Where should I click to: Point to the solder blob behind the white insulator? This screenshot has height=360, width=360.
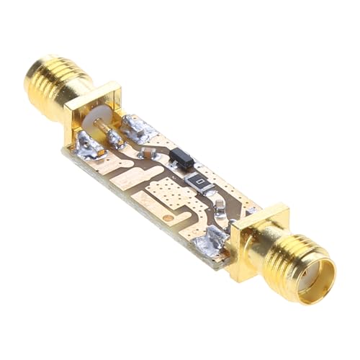click(x=138, y=128)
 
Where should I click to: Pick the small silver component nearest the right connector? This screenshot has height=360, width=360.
click(x=219, y=208)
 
